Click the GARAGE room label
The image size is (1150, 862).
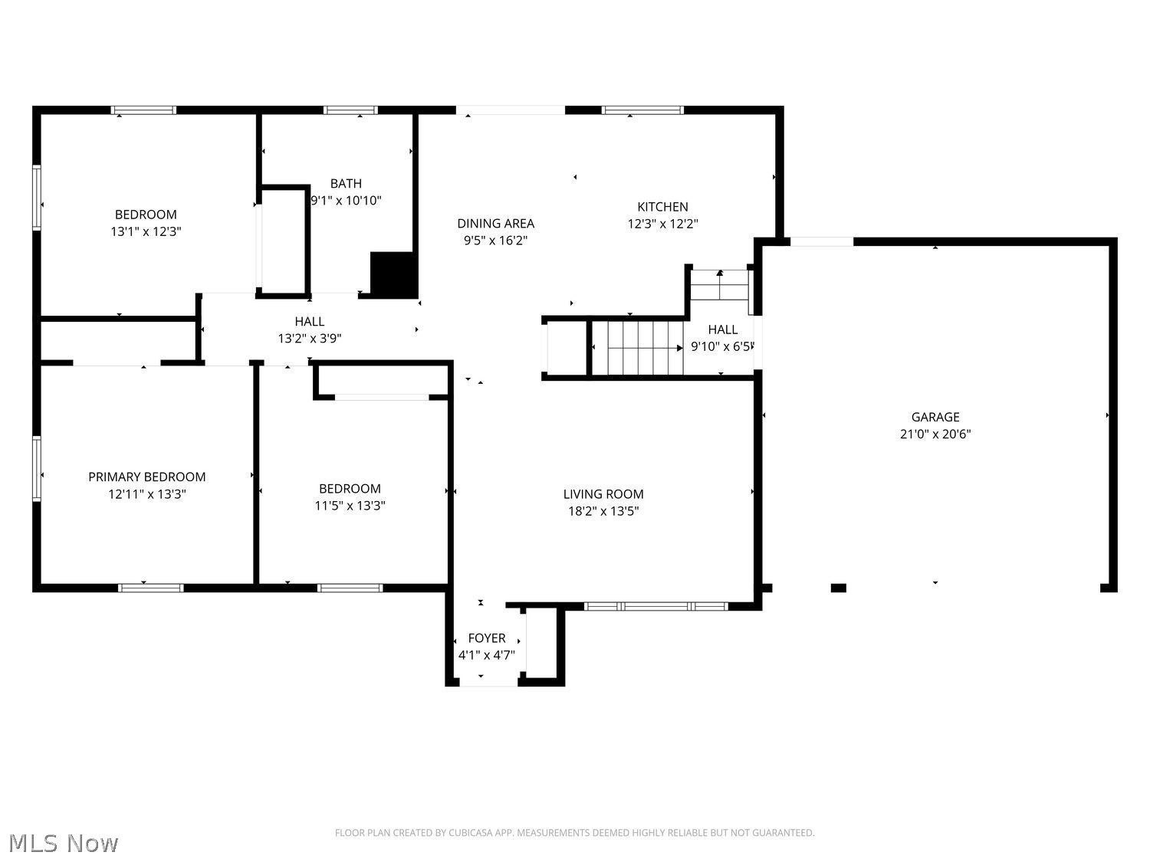935,417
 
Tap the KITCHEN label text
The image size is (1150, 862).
662,207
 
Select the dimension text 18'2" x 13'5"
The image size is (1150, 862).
603,511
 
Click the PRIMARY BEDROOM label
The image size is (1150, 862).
146,477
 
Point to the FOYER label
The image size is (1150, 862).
487,638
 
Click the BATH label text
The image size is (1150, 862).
346,184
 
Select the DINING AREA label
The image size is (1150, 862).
495,224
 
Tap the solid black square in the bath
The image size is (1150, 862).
393,274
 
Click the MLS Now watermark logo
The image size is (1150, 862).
64,843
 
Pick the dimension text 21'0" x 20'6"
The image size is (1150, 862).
935,434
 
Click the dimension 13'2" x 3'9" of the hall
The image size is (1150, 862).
309,338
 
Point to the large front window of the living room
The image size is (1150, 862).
656,606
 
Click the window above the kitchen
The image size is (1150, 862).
642,110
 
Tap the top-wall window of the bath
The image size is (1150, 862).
350,110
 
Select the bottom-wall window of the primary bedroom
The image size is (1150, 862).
151,588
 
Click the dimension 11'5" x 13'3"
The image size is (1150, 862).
350,505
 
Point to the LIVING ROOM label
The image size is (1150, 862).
603,494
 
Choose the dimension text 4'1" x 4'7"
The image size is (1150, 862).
487,655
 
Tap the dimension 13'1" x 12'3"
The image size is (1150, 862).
146,231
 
